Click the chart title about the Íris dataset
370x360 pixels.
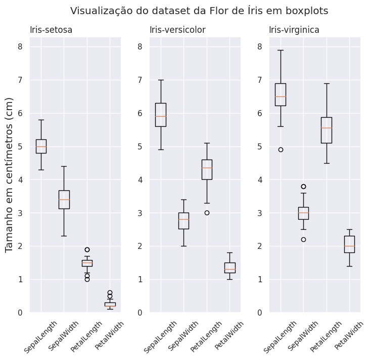point(199,11)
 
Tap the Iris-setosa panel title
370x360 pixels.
point(51,30)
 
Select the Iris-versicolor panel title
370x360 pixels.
point(177,30)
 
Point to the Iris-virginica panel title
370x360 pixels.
point(294,30)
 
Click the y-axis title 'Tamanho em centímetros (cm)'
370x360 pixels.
point(9,181)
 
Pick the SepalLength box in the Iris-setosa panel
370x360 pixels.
point(41,146)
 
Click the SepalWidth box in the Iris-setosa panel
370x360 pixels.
point(64,199)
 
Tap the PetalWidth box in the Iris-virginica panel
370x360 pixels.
point(349,244)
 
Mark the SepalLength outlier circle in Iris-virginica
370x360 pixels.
point(281,149)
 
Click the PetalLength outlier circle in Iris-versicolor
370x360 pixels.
point(207,213)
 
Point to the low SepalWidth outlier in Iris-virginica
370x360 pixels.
point(303,239)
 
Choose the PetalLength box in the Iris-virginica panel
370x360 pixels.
point(327,130)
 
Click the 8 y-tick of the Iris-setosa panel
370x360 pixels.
point(20,46)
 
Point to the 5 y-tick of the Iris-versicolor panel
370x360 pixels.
point(139,146)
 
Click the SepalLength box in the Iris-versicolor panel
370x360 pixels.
point(161,115)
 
